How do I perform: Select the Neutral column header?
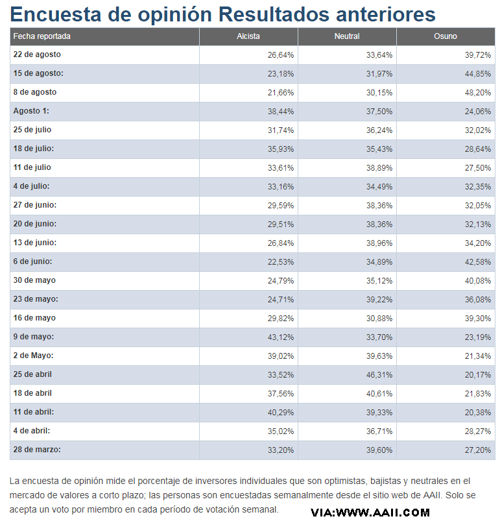(347, 36)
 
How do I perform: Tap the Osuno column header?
(446, 36)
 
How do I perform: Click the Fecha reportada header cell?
(42, 36)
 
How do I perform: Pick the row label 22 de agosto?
(37, 55)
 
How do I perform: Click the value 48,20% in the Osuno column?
(478, 93)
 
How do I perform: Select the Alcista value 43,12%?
(281, 337)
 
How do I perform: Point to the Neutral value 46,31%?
(379, 375)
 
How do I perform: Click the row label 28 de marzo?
(38, 450)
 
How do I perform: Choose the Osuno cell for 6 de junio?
(478, 262)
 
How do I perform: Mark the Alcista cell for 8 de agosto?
(281, 93)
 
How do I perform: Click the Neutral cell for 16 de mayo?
(379, 319)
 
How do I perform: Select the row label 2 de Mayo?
(33, 356)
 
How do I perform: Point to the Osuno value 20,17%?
(478, 375)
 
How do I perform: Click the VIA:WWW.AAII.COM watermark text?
(370, 513)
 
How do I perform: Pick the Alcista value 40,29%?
(281, 413)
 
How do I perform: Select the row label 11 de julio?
(32, 168)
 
